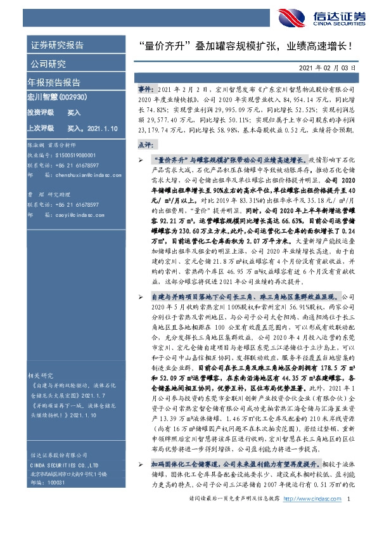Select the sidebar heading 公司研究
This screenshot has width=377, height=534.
48,64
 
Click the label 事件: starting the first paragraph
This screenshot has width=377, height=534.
146,92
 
